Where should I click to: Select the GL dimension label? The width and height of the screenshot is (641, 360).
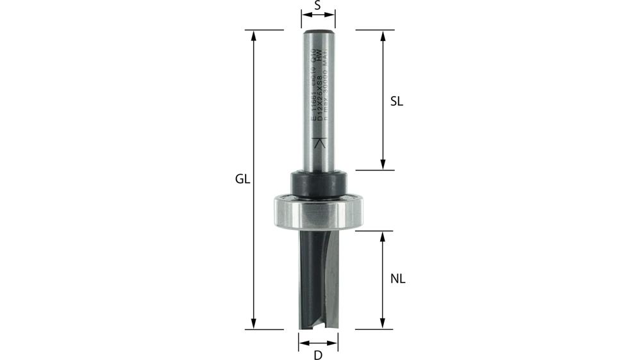(x=242, y=180)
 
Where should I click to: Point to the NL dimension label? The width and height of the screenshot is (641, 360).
(x=397, y=279)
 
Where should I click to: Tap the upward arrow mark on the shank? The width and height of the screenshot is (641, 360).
(x=319, y=144)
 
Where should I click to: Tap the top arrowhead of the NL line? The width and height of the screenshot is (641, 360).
(x=383, y=235)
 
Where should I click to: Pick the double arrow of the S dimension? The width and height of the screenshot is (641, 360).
(x=319, y=20)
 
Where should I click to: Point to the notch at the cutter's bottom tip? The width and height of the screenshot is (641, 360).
(x=319, y=325)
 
